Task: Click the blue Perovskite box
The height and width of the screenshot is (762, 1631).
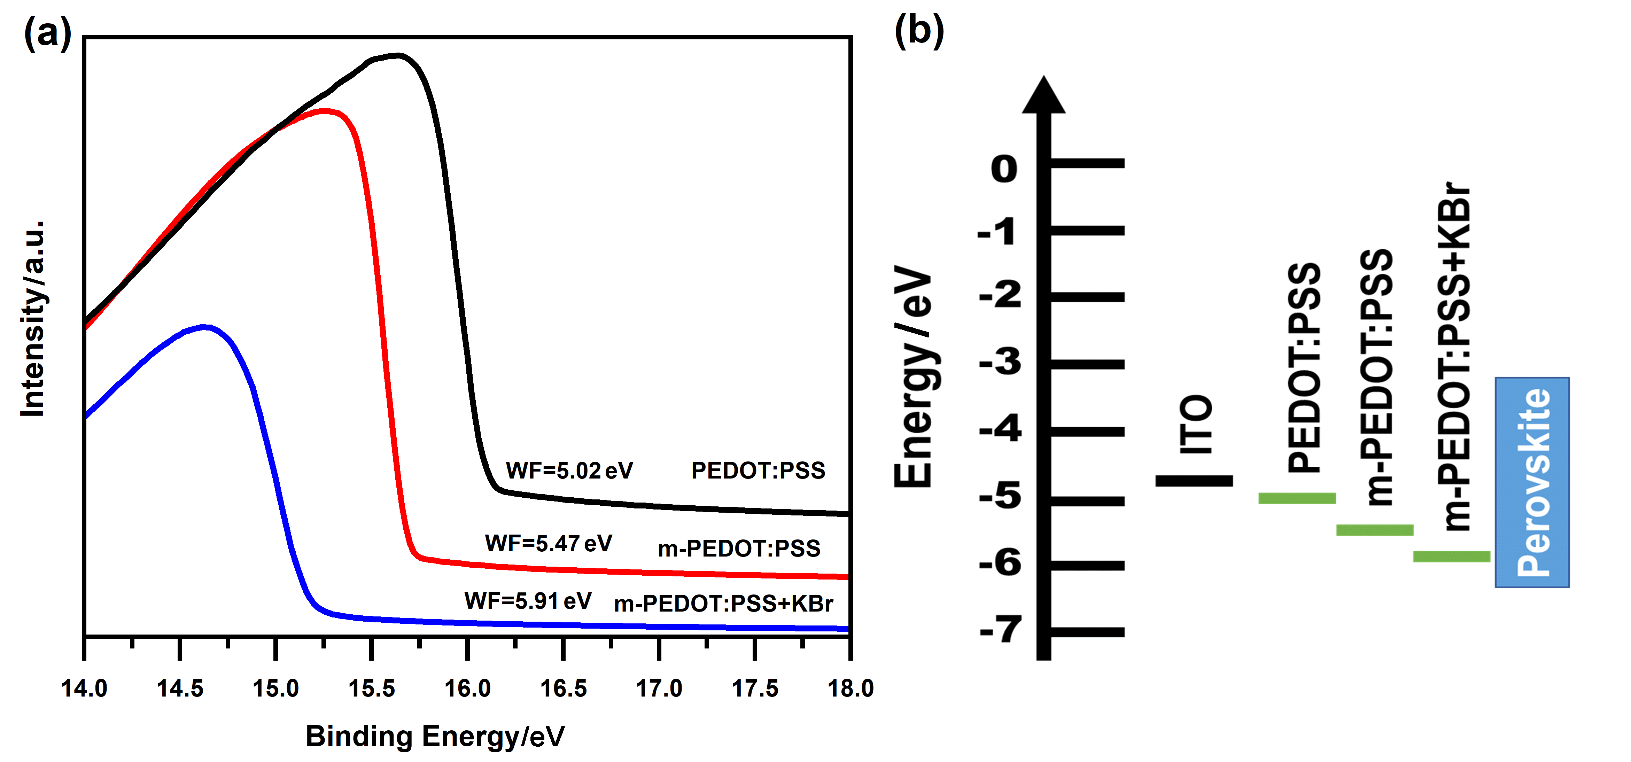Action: pyautogui.click(x=1532, y=482)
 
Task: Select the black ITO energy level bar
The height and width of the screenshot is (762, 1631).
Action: pyautogui.click(x=1194, y=481)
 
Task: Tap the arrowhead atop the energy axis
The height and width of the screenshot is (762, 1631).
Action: pyautogui.click(x=1043, y=95)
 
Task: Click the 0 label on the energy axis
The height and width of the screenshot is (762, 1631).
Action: pyautogui.click(x=1004, y=170)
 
